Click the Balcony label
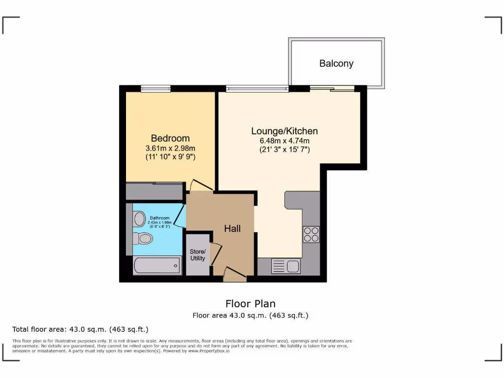tap(336, 63)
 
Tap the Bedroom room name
tap(170, 138)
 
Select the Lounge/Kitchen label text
tap(284, 131)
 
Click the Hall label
tap(232, 228)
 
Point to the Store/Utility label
tap(198, 255)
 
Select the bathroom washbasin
tap(139, 219)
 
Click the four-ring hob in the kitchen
tap(311, 234)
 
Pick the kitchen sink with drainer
tap(286, 266)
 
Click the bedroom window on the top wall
tap(156, 89)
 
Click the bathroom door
tap(180, 216)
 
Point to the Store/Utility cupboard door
tap(215, 254)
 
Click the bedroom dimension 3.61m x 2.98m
tap(170, 148)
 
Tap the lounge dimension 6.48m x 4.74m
tap(284, 141)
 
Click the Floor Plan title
tap(251, 303)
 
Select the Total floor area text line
tap(80, 329)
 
